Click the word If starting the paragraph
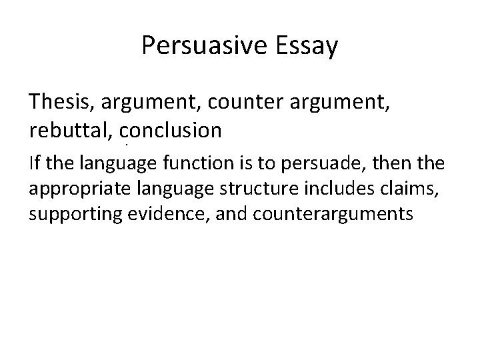click(34, 162)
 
